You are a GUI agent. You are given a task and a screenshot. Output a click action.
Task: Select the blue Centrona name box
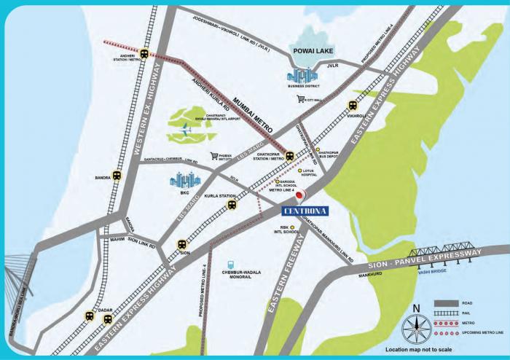click(x=305, y=212)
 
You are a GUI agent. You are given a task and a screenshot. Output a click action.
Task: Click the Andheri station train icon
click(x=144, y=53)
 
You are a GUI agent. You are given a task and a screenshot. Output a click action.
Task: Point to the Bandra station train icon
click(x=116, y=176)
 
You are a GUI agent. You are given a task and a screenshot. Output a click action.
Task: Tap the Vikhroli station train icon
click(x=353, y=105)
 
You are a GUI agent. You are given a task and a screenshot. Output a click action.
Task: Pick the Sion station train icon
click(x=181, y=246)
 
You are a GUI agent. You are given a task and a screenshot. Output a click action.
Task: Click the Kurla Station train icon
click(x=232, y=205)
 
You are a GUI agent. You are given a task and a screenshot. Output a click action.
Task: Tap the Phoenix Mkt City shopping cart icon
click(x=214, y=156)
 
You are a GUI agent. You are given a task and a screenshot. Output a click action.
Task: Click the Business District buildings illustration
click(x=302, y=75)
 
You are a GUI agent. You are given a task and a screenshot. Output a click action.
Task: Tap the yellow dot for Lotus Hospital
click(x=299, y=171)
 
